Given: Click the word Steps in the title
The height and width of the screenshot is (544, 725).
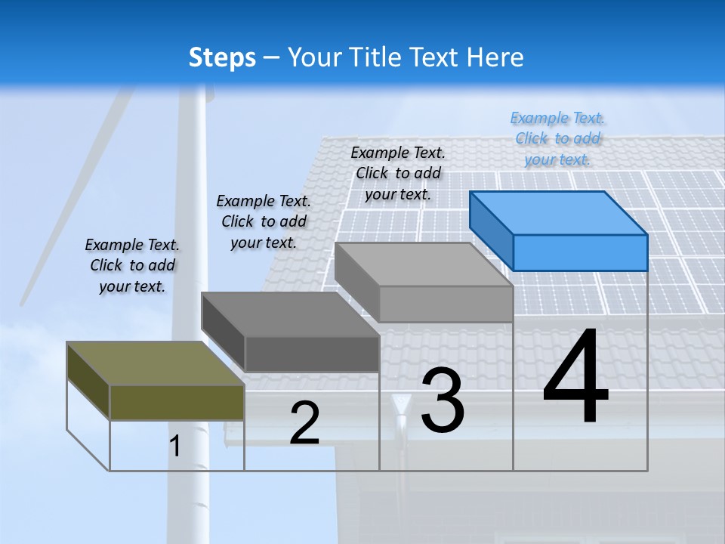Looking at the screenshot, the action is click(x=222, y=58).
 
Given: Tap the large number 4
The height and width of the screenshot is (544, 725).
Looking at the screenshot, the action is click(x=575, y=379).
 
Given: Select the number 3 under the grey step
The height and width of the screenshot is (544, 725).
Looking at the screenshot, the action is click(x=443, y=400).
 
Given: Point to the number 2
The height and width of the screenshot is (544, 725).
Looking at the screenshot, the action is click(x=304, y=423).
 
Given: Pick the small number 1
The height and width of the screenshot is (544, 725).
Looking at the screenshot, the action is click(x=175, y=446).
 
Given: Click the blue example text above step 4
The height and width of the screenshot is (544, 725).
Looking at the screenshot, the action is click(x=558, y=138).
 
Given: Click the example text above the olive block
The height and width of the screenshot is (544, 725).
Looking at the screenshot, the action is click(x=132, y=265).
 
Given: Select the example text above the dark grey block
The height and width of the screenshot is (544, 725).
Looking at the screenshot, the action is click(x=264, y=221).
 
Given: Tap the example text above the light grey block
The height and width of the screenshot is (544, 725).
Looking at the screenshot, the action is click(x=398, y=173).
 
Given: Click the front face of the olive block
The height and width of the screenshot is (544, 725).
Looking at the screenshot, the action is click(x=177, y=402).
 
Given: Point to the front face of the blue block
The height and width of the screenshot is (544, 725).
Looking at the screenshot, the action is click(x=580, y=252).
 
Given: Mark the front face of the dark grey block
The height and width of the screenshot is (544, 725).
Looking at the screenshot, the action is click(x=311, y=354).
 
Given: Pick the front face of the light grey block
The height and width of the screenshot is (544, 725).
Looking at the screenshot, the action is click(x=446, y=304).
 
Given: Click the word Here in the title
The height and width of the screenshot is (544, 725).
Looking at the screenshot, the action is click(x=495, y=58).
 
